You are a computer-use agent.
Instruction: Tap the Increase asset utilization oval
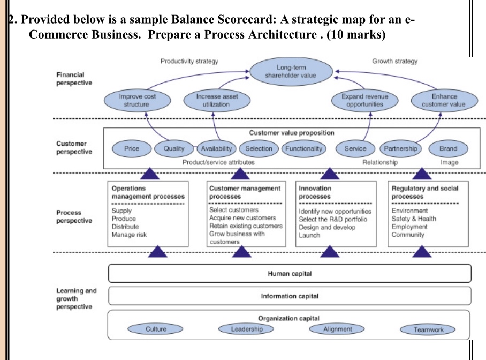pos(217,100)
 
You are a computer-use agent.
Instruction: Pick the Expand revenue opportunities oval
pos(365,100)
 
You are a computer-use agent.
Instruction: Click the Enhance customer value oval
pos(444,100)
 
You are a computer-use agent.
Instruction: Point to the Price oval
pos(131,148)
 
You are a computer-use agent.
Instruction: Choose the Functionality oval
pos(303,148)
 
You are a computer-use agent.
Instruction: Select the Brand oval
pos(448,148)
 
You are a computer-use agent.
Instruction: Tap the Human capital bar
pos(290,274)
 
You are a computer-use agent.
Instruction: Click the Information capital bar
pos(290,296)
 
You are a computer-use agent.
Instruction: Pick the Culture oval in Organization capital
pos(156,329)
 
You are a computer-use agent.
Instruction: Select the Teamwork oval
pos(428,329)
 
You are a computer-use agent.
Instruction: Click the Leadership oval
pos(246,329)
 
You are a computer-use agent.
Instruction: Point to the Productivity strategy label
pos(189,61)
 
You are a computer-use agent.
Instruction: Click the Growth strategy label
pos(394,61)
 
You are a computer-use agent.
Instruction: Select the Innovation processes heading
pos(315,192)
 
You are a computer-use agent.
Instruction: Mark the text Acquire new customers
pos(242,218)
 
